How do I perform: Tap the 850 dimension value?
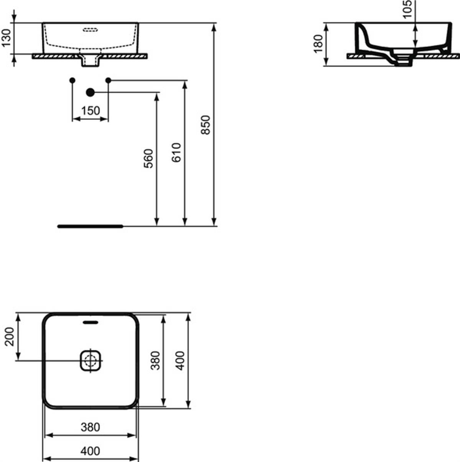point(205,125)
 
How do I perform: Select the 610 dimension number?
point(177,152)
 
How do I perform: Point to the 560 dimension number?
point(148,159)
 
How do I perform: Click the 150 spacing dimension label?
point(90,111)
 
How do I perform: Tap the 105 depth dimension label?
point(407,9)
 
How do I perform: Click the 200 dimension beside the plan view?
point(10,337)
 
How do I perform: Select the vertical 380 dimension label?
point(156,360)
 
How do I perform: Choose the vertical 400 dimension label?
point(181,360)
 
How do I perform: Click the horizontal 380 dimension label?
point(90,427)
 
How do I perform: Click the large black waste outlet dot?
point(90,92)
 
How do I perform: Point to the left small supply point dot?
point(72,80)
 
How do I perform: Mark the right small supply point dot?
point(108,80)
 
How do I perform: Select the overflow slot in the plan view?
point(90,322)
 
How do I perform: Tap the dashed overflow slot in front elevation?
point(90,30)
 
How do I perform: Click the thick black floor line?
point(90,226)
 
